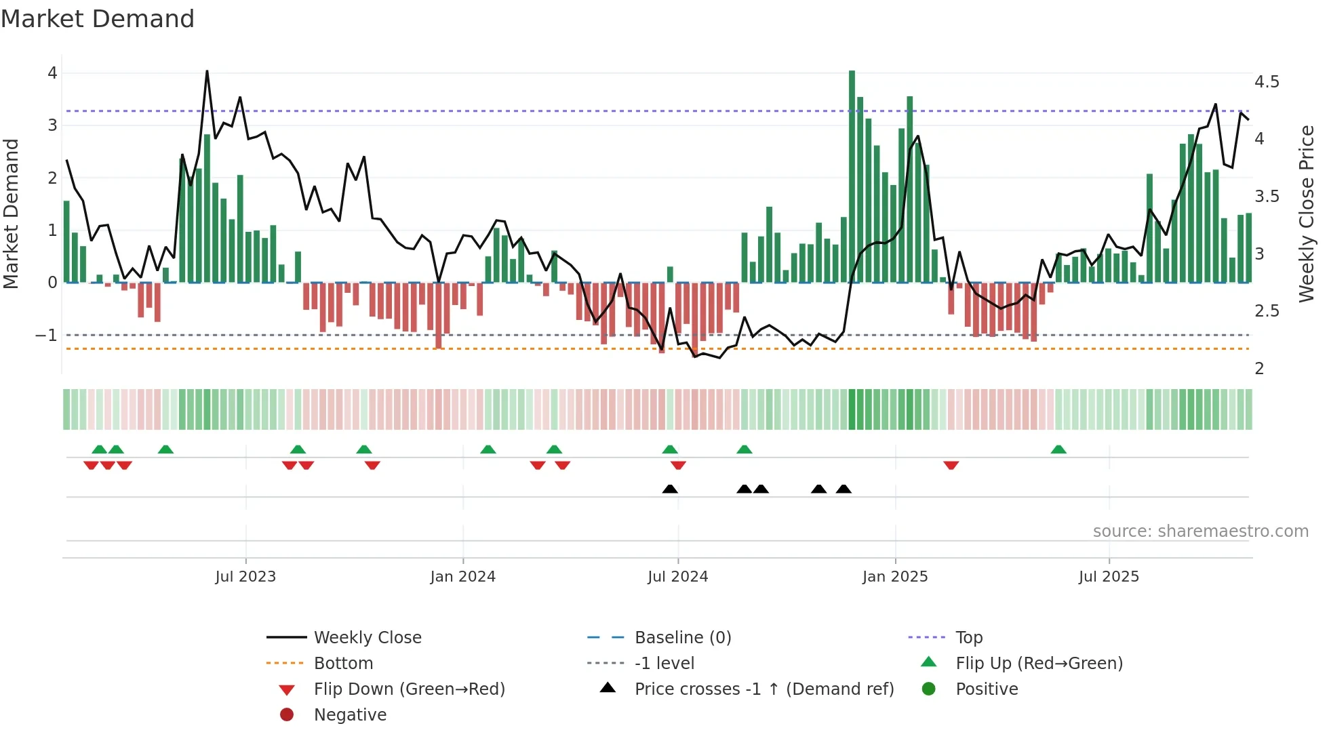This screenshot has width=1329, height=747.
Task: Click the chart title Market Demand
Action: pos(98,19)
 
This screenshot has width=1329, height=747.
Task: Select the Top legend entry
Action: pos(968,638)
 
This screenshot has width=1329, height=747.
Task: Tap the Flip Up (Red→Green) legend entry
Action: pos(1039,664)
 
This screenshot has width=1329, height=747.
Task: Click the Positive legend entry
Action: pos(987,689)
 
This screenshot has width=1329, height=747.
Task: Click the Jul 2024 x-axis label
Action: pos(677,577)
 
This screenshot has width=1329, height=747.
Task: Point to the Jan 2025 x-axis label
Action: pos(894,577)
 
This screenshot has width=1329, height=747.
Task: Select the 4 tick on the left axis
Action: pos(52,73)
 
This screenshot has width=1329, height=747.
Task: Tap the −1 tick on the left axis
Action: pos(46,336)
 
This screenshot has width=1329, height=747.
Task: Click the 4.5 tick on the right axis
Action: pos(1266,82)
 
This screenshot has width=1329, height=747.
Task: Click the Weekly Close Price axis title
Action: pos(1306,214)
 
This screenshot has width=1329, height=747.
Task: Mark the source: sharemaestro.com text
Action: pos(1200,531)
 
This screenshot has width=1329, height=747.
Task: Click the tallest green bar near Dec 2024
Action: pos(852,176)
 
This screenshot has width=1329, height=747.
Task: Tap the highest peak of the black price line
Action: pos(207,71)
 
